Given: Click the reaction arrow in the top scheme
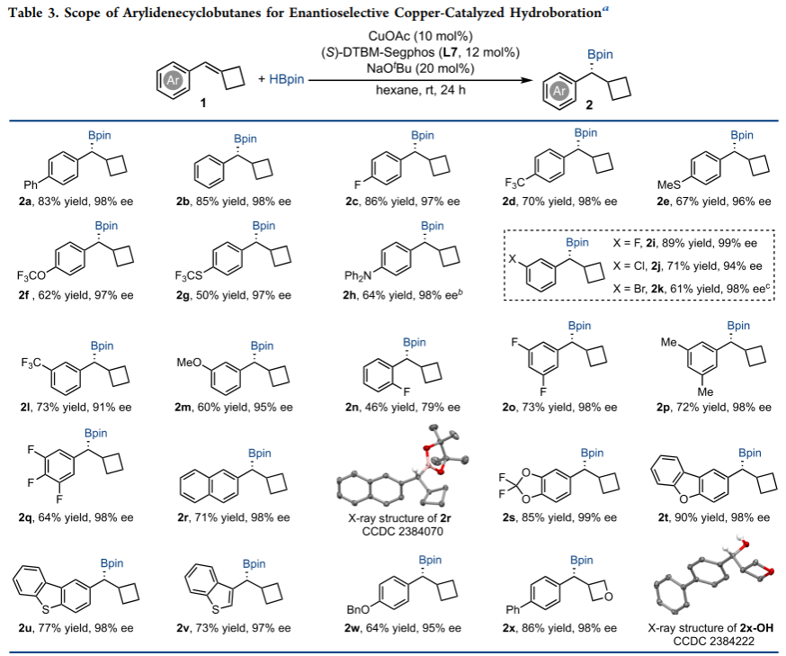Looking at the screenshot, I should [x=415, y=79].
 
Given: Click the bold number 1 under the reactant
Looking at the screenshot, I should [x=203, y=103].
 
